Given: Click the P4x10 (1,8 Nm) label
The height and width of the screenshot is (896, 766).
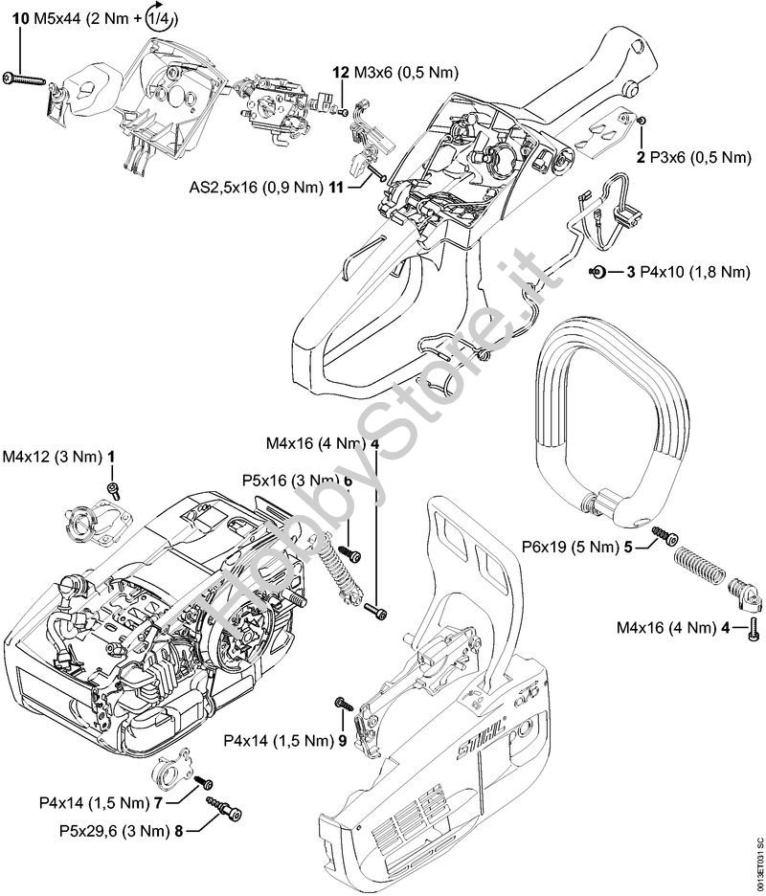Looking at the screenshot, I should pos(687,273).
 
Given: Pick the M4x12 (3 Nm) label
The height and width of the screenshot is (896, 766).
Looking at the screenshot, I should pos(53,459).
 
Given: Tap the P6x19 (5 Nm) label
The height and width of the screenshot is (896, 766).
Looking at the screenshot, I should pos(571,549).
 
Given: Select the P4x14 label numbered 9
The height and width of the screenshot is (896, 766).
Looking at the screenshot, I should pos(278,741).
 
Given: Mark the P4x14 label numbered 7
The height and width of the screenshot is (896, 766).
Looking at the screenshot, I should pos(96,802).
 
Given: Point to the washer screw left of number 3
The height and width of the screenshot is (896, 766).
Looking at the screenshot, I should pos(597,273).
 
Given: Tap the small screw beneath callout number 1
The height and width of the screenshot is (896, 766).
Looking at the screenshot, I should pos(113,489).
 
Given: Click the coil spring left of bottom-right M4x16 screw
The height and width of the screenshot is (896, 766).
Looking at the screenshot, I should pos(699,565).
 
